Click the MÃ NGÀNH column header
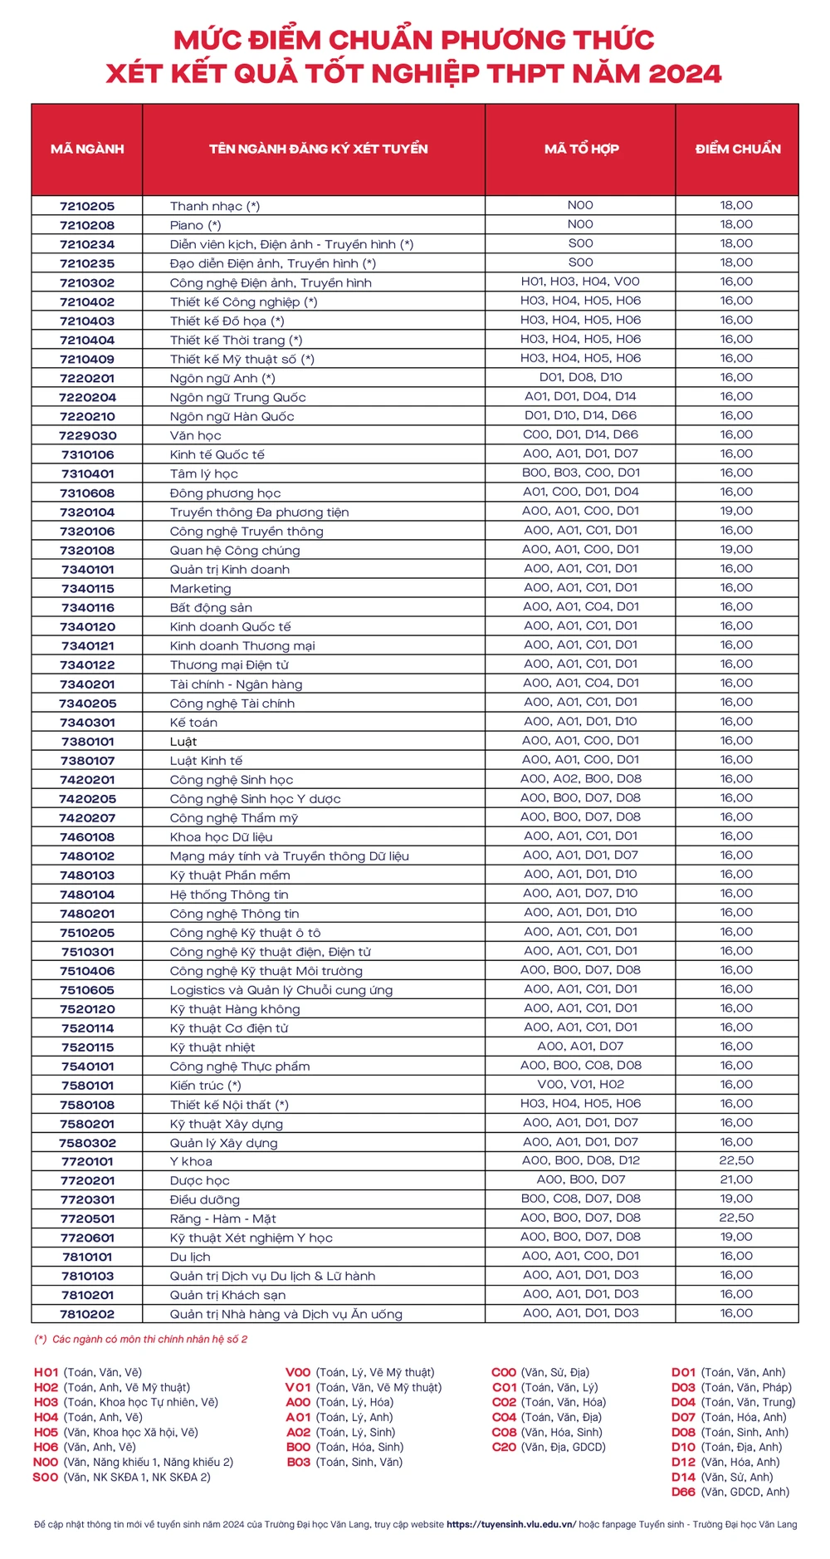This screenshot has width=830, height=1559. click(x=87, y=150)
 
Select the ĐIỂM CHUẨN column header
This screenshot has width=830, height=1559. click(x=738, y=150)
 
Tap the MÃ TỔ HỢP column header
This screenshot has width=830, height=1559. click(x=581, y=150)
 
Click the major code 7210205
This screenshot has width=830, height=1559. click(x=87, y=206)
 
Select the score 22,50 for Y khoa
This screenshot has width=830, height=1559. click(x=736, y=1160)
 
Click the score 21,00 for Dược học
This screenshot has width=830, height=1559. click(x=736, y=1179)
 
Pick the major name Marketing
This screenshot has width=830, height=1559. click(x=201, y=589)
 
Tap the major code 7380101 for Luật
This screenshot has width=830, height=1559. click(x=87, y=742)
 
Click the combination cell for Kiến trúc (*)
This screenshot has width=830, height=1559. click(x=581, y=1084)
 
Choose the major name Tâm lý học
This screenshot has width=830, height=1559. click(x=204, y=474)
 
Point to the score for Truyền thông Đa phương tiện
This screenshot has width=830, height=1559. click(x=736, y=511)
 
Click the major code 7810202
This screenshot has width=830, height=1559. click(x=87, y=1314)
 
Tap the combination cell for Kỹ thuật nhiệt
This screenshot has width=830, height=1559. click(x=581, y=1046)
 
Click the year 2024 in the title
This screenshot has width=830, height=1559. click(x=685, y=74)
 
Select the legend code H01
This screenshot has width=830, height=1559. click(x=46, y=1372)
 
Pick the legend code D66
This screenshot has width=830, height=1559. click(x=684, y=1492)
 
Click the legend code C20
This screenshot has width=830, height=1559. click(x=504, y=1447)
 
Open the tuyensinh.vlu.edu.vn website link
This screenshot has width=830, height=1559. click(x=510, y=1524)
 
